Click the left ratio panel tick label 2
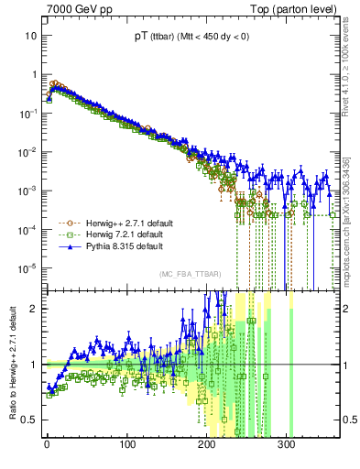(34, 308)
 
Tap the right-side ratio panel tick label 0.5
(349, 420)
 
